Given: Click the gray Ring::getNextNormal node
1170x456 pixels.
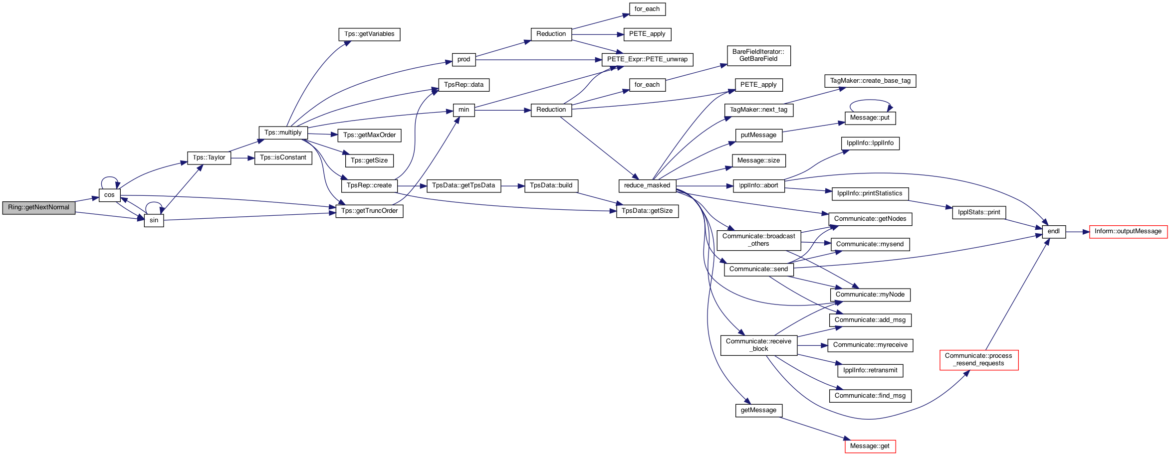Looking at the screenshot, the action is coord(39,208).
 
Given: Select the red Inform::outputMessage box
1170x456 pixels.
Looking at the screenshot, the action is coord(1128,232).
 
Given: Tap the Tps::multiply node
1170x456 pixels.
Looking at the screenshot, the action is coord(283,133).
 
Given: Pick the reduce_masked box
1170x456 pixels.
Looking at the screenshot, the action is coord(647,186).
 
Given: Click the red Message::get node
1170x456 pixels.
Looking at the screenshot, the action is coord(870,447).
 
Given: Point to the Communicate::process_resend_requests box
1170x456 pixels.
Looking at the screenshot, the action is coord(979,360).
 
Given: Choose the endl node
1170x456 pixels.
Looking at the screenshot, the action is coord(1054,232).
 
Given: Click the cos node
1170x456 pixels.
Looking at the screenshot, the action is coord(110,195).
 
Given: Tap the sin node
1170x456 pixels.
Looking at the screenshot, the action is coord(154,221).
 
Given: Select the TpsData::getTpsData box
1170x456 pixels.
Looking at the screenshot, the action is coord(464,186).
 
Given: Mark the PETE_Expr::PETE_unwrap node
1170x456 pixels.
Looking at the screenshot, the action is coord(647,60).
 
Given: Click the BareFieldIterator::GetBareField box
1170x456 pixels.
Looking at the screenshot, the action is coord(758,56).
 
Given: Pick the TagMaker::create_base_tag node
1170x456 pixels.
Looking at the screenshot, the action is coord(870,81).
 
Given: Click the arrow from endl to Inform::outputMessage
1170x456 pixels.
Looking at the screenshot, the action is coord(1078,232).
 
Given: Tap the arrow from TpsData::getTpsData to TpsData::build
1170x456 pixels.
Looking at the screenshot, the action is coord(513,186).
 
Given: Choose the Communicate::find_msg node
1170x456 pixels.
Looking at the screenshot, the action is coord(870,396).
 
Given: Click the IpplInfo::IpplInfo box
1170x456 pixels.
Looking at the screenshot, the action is coord(870,144).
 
